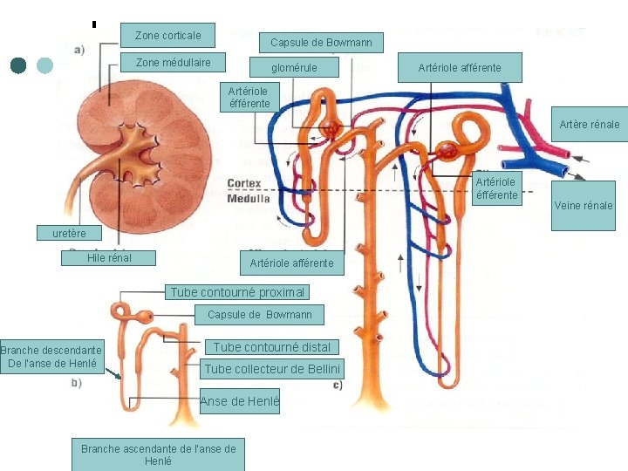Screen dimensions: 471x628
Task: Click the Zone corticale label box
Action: [x=168, y=36]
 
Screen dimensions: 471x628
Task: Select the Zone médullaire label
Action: [x=173, y=63]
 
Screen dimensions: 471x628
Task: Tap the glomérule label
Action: [x=294, y=68]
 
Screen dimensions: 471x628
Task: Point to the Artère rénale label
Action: [x=590, y=125]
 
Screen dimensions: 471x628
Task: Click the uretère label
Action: [x=69, y=233]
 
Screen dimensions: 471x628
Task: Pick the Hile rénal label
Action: [x=109, y=258]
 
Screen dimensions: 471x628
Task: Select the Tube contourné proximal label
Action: [x=237, y=292]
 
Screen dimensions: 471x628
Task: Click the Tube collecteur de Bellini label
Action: [x=271, y=369]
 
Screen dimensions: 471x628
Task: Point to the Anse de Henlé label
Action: [x=239, y=401]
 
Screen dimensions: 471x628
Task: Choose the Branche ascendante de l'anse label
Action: [x=158, y=454]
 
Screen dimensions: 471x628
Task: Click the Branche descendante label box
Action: [x=53, y=356]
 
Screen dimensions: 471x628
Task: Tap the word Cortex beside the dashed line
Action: [x=244, y=183]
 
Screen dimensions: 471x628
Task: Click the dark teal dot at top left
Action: [x=19, y=65]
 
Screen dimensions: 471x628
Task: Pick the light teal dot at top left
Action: [x=46, y=65]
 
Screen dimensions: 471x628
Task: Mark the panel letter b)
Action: [x=77, y=382]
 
